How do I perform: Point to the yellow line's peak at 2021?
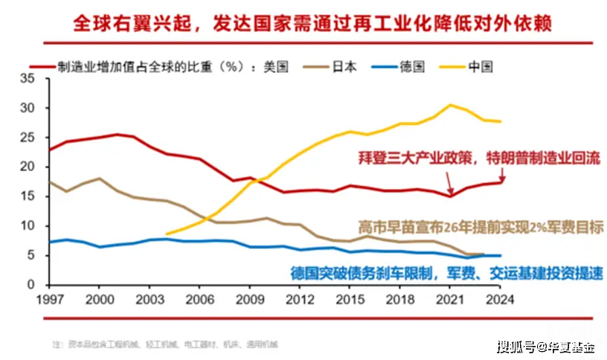[x=451, y=105]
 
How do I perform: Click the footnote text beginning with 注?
[x=164, y=344]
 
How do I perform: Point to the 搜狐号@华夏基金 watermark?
[x=547, y=346]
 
